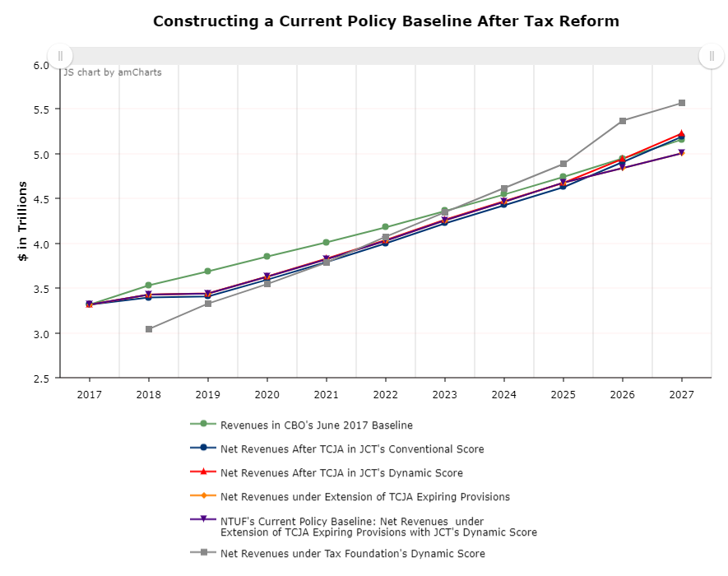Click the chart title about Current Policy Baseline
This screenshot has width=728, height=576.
[x=386, y=21]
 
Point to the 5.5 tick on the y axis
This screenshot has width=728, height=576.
[x=41, y=109]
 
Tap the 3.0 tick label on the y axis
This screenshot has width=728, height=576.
[x=41, y=334]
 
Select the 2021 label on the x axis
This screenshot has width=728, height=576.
[x=326, y=395]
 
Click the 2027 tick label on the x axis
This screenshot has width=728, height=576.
[x=681, y=395]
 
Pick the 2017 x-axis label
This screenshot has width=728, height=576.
[x=89, y=395]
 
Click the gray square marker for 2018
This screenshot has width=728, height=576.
[x=149, y=329]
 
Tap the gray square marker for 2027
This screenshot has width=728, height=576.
[x=682, y=103]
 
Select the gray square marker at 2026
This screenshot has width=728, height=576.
[x=623, y=121]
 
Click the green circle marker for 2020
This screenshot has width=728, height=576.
[x=267, y=257]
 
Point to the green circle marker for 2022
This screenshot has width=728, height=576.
[x=385, y=227]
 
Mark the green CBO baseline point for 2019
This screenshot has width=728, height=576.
[x=207, y=272]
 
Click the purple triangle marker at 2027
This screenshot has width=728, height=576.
[x=682, y=153]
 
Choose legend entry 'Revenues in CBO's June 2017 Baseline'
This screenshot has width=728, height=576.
[x=316, y=425]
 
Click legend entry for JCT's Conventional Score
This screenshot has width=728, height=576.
[x=351, y=449]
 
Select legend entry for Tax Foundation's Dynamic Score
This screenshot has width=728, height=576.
[x=352, y=554]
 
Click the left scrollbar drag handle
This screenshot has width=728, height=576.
[x=60, y=56]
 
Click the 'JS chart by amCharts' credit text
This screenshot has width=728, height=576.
[x=113, y=72]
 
